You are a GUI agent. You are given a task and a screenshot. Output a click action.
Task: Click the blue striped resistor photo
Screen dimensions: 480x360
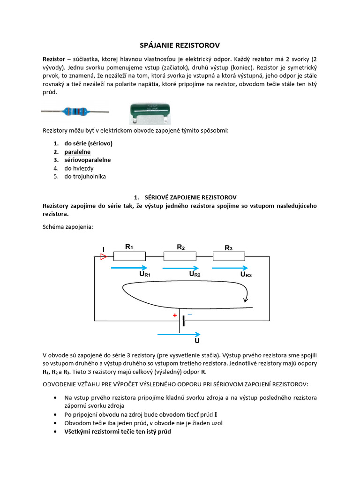(x=75, y=112)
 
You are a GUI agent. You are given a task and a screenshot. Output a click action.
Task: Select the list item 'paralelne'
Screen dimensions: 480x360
(x=77, y=152)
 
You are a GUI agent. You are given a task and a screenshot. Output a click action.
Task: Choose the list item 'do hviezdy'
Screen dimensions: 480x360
(x=80, y=168)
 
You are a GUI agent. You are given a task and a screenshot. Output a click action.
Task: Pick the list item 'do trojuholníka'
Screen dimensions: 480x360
(x=85, y=176)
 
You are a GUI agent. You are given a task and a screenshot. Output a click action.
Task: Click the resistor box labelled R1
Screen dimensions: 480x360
(x=130, y=256)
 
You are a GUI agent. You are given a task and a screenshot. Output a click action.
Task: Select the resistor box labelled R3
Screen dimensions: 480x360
(x=229, y=256)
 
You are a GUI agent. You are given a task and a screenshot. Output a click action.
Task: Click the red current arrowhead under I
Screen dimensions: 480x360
(x=104, y=257)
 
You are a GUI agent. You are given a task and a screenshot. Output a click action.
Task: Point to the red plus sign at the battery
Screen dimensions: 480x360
(x=174, y=316)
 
